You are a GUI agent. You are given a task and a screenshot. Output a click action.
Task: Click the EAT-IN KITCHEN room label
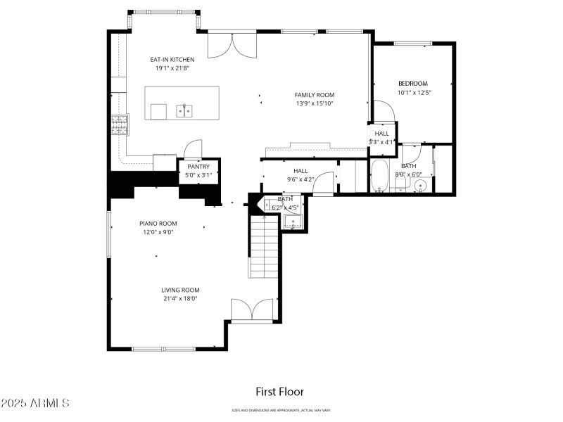(172, 59)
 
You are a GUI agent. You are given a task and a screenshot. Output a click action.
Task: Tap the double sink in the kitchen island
(185, 110)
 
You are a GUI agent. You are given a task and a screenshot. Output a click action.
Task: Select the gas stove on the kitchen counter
(119, 124)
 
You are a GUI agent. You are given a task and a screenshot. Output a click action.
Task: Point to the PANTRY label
(198, 167)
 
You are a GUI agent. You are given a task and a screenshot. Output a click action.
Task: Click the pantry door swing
(192, 149)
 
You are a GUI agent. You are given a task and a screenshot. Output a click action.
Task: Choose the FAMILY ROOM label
(314, 94)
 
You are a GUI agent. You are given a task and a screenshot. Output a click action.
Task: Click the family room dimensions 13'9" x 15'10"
(314, 103)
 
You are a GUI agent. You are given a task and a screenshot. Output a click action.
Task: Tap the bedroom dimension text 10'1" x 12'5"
(414, 92)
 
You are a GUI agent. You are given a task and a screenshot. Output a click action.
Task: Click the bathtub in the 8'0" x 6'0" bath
(379, 177)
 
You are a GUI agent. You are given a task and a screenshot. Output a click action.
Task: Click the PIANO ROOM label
(158, 223)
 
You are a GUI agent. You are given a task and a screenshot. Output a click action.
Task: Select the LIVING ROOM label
(180, 290)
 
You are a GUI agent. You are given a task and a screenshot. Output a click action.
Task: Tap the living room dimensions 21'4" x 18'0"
(180, 298)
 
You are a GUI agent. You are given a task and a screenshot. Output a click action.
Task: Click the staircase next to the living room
(265, 246)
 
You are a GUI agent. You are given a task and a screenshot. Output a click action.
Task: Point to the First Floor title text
(279, 392)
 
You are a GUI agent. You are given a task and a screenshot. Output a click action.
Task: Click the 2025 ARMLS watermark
(35, 404)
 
